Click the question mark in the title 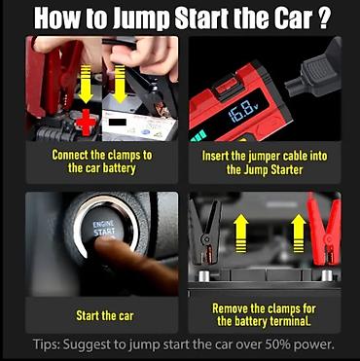[x=322, y=19]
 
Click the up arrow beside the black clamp [x=240, y=234]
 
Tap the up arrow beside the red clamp [x=298, y=234]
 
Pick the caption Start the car [x=105, y=315]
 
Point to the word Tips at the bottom [x=46, y=344]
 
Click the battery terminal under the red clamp [x=327, y=275]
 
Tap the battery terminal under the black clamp [x=204, y=276]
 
